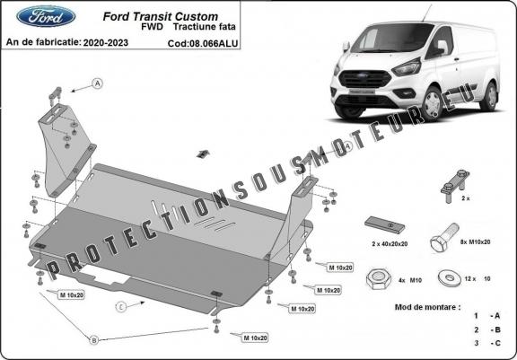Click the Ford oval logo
[34, 17]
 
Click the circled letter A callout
[97, 84]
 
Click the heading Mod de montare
[425, 306]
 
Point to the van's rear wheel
[487, 97]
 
